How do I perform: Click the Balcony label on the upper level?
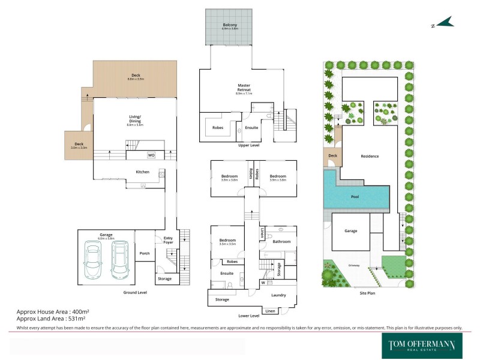pos(230,25)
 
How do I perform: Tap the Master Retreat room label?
pos(244,88)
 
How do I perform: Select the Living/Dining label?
pos(134,118)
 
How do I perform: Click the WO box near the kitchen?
pos(151,155)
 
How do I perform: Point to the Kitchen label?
pos(142,172)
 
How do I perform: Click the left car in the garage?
pos(94,259)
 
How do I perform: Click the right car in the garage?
pos(119,259)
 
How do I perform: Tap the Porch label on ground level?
pos(145,253)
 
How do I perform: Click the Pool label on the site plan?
pos(356,196)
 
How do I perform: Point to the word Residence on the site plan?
pos(370,156)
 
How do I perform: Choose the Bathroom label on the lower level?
pos(282,242)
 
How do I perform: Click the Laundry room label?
pos(278,295)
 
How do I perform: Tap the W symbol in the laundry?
pos(263,283)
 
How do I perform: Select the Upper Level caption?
pos(248,145)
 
